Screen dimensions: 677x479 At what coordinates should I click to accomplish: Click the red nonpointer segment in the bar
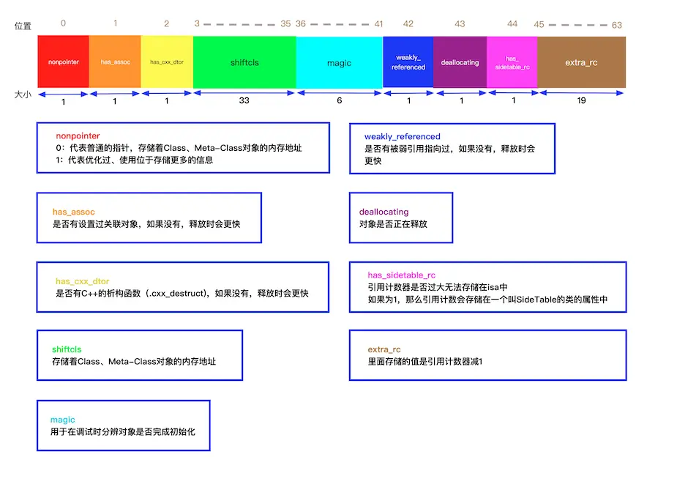[x=63, y=62]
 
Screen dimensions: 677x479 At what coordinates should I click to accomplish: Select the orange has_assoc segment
[x=115, y=62]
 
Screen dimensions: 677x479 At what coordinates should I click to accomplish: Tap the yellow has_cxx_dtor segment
[x=167, y=62]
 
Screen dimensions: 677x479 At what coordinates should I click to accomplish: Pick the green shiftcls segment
[x=244, y=62]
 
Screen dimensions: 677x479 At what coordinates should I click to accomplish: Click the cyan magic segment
[x=339, y=62]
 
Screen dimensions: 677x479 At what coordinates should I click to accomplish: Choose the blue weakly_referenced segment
[x=408, y=62]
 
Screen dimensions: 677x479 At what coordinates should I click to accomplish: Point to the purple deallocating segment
[x=460, y=62]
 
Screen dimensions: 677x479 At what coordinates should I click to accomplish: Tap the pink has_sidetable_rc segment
[x=512, y=62]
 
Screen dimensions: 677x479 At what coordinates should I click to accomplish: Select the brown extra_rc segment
[x=581, y=62]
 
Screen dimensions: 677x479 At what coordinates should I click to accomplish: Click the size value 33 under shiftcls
[x=244, y=100]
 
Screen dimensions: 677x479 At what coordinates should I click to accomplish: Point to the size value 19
[x=581, y=100]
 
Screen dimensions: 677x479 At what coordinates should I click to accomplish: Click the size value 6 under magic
[x=339, y=100]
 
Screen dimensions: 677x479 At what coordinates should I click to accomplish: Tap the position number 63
[x=617, y=25]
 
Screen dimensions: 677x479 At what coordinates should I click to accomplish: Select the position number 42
[x=408, y=24]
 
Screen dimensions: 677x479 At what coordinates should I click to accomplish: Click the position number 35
[x=285, y=24]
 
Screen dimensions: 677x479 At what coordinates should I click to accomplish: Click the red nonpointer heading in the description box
[x=78, y=136]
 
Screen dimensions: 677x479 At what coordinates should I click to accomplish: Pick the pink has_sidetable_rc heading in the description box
[x=402, y=275]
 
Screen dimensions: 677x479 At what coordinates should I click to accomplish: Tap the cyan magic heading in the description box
[x=63, y=420]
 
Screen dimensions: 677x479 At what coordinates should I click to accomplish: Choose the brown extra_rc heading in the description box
[x=384, y=349]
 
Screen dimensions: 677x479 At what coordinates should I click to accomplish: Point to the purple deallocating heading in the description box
[x=384, y=212]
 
